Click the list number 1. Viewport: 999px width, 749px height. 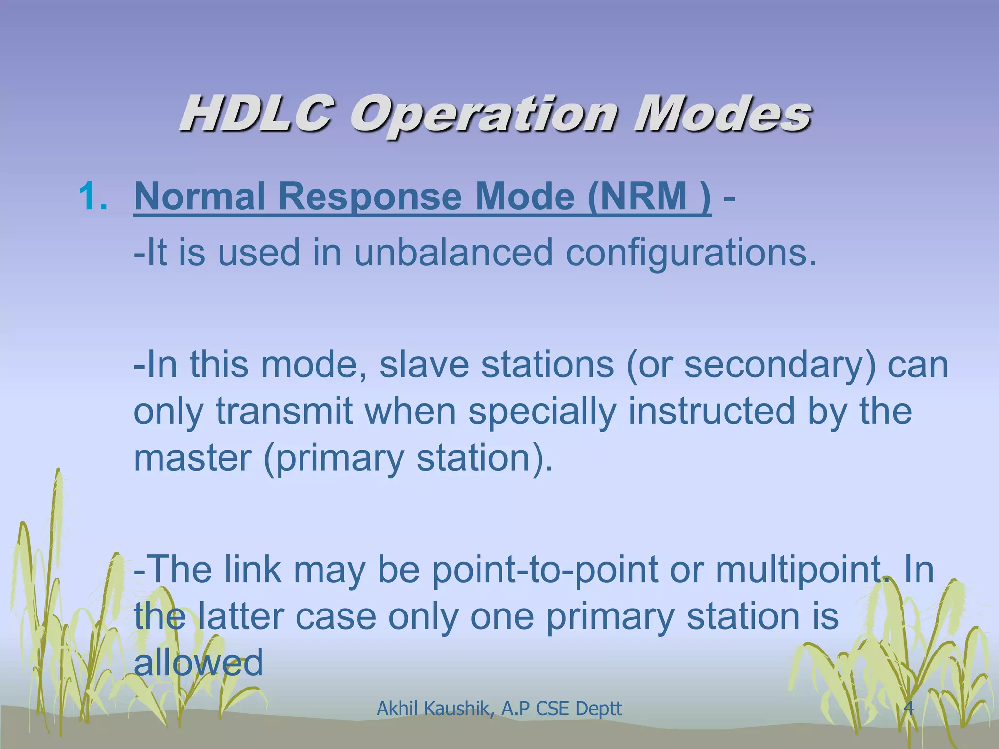pyautogui.click(x=93, y=196)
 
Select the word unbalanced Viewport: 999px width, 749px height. pyautogui.click(x=454, y=253)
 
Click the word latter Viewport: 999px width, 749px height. pyautogui.click(x=241, y=616)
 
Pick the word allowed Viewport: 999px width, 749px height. pyautogui.click(x=198, y=662)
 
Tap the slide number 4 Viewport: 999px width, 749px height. pyautogui.click(x=909, y=708)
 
